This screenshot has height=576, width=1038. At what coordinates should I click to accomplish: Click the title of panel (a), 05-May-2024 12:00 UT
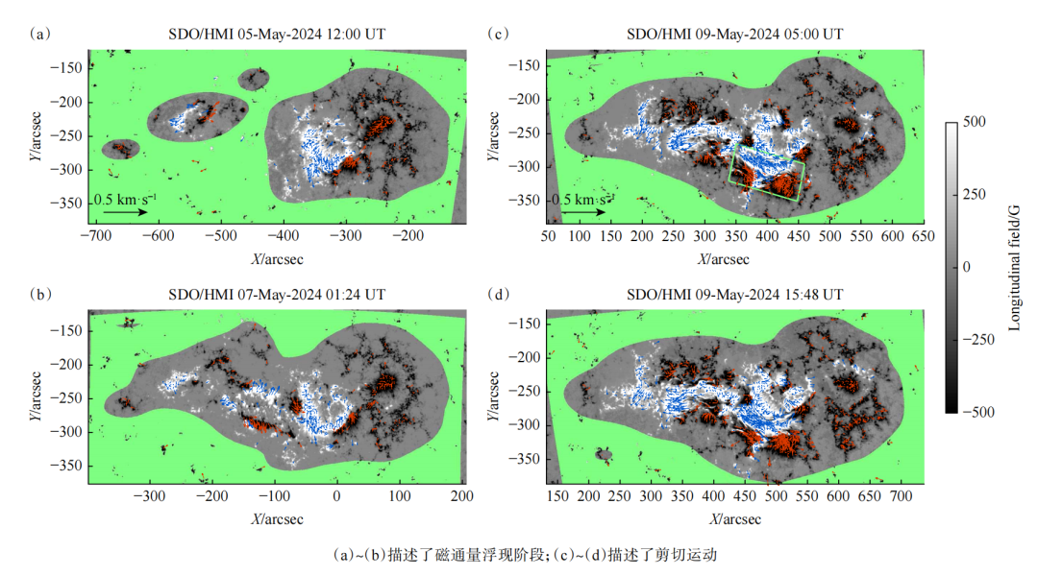(x=277, y=35)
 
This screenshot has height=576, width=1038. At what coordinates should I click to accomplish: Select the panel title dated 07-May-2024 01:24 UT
(x=277, y=294)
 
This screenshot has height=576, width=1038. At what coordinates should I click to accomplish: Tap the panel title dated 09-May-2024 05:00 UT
(x=734, y=35)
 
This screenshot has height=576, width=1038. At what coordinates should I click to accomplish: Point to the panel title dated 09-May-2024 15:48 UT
(x=734, y=294)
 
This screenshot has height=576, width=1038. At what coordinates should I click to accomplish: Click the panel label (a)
(x=40, y=35)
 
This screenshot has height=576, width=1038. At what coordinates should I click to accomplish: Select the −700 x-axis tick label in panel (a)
(x=95, y=235)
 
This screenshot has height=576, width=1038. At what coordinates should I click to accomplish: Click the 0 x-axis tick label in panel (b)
(x=336, y=495)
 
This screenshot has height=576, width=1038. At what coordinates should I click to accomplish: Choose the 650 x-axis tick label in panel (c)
(x=922, y=235)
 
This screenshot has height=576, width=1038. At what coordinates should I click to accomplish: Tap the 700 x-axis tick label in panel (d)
(x=901, y=495)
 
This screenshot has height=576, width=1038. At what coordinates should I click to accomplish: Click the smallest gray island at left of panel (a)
(x=121, y=149)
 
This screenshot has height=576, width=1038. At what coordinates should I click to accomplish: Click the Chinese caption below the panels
(x=525, y=555)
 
